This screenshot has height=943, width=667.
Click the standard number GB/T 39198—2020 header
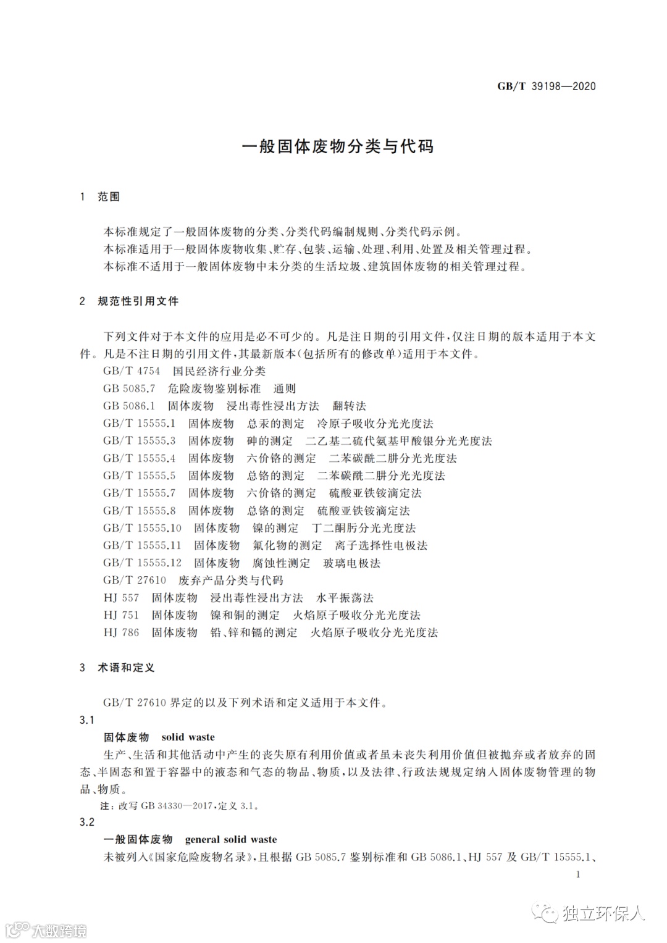(x=546, y=86)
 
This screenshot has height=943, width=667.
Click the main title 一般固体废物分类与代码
(x=337, y=146)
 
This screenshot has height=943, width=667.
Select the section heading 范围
(x=109, y=196)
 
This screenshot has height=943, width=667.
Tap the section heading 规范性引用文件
(x=138, y=301)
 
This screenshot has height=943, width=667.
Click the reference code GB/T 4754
(x=132, y=371)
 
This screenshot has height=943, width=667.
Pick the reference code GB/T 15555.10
(x=143, y=528)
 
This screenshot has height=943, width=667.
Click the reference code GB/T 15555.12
(x=143, y=563)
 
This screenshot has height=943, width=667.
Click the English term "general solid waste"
(x=231, y=839)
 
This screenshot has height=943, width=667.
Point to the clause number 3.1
(x=87, y=720)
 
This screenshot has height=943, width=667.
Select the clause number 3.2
(x=87, y=822)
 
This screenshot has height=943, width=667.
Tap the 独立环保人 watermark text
(x=603, y=913)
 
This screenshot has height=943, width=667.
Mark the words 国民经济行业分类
(x=219, y=371)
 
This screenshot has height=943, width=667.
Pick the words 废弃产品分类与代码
(x=230, y=580)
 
